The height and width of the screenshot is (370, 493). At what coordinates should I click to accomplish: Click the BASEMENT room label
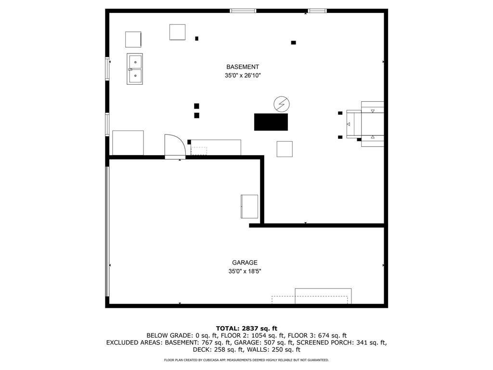(x=243, y=66)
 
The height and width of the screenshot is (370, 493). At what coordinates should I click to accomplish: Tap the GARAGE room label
(x=245, y=263)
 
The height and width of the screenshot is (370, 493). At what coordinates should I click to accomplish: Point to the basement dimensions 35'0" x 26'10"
(x=243, y=76)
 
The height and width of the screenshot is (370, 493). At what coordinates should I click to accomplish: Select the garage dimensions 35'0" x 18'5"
(x=245, y=271)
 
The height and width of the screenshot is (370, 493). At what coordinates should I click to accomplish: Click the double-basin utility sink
(x=135, y=69)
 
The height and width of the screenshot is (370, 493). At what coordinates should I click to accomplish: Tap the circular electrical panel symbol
(x=281, y=104)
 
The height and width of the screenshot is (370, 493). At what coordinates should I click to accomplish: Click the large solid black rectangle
(x=271, y=122)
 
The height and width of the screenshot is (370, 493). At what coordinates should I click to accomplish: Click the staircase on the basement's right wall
(x=365, y=124)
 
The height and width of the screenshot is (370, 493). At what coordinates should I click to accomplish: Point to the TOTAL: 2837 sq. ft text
(x=246, y=329)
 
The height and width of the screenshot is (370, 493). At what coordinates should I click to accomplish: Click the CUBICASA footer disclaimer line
(x=246, y=360)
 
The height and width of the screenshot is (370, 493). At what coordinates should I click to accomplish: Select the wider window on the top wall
(x=243, y=11)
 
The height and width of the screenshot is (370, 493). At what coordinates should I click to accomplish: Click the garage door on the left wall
(x=107, y=231)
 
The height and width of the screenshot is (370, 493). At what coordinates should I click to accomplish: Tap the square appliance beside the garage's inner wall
(x=249, y=206)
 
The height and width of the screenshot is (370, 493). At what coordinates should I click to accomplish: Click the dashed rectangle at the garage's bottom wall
(x=310, y=300)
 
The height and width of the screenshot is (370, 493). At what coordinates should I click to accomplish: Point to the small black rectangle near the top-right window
(x=293, y=42)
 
